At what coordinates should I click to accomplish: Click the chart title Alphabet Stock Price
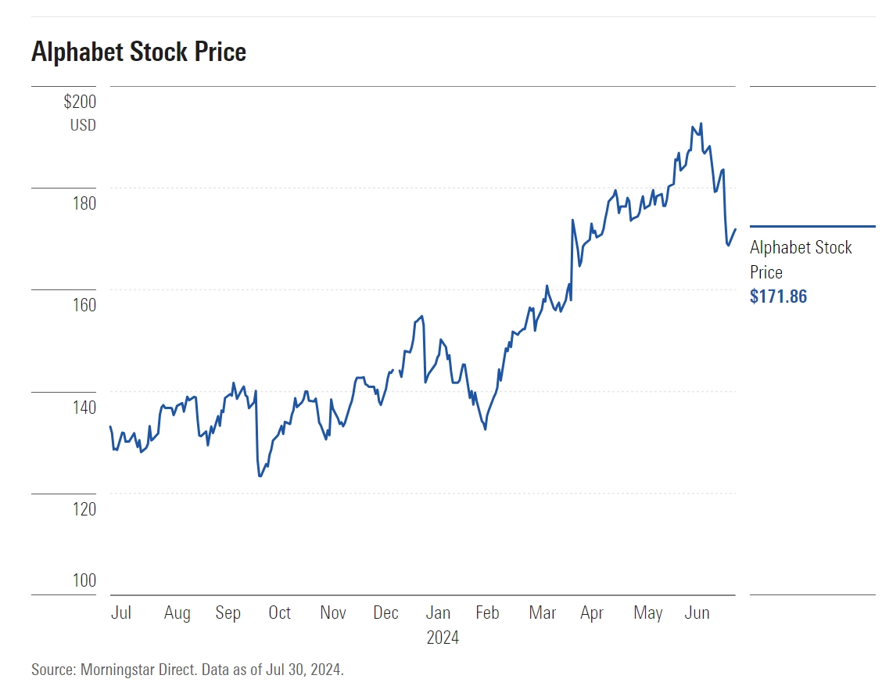pyautogui.click(x=138, y=52)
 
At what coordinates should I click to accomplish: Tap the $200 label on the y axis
pyautogui.click(x=80, y=102)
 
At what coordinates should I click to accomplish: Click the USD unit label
pyautogui.click(x=83, y=125)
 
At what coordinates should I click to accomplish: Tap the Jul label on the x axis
pyautogui.click(x=121, y=612)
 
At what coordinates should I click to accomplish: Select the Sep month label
pyautogui.click(x=228, y=612)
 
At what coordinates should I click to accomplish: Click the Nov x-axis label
pyautogui.click(x=333, y=612)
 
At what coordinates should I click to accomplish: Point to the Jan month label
pyautogui.click(x=438, y=612)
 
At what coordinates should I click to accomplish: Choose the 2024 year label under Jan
pyautogui.click(x=443, y=638)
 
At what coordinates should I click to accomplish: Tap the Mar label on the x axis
pyautogui.click(x=542, y=612)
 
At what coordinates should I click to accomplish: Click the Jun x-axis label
pyautogui.click(x=697, y=612)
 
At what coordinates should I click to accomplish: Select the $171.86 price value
pyautogui.click(x=778, y=296)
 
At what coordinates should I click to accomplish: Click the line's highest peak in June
pyautogui.click(x=701, y=124)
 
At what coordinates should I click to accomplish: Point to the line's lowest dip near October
pyautogui.click(x=260, y=476)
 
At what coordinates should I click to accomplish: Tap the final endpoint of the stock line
pyautogui.click(x=735, y=229)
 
